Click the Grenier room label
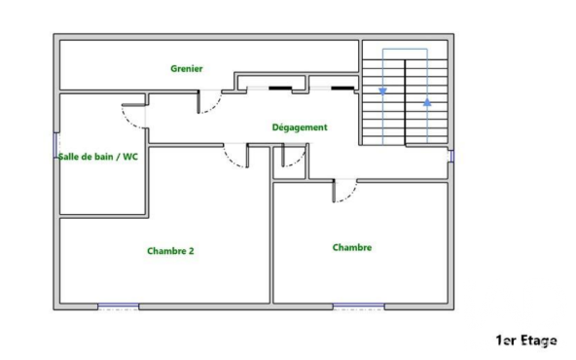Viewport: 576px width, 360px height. click(x=187, y=69)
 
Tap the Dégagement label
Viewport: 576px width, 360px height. click(x=300, y=127)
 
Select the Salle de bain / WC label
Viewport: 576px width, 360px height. click(x=98, y=157)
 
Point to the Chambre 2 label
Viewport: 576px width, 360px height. click(x=170, y=251)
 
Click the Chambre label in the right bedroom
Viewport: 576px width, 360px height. click(x=352, y=247)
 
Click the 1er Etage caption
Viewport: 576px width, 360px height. click(x=526, y=341)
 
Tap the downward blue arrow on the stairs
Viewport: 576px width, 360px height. click(x=382, y=91)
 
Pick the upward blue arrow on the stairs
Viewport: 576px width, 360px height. click(x=427, y=102)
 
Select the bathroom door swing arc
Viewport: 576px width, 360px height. click(x=127, y=122)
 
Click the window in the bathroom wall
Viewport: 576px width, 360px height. click(x=56, y=146)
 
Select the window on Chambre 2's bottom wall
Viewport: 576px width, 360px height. click(x=119, y=306)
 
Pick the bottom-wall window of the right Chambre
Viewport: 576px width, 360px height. click(x=358, y=306)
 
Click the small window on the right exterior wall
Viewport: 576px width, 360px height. click(x=451, y=156)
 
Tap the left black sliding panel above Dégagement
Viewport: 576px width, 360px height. click(x=280, y=89)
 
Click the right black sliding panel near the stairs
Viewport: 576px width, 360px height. click(x=342, y=89)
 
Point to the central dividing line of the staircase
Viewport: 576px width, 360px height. click(x=405, y=102)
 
